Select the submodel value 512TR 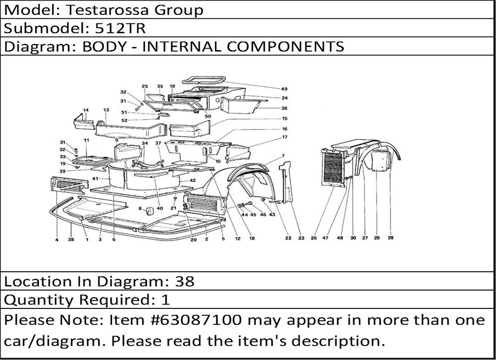coord(120,28)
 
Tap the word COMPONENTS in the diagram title coord(285,47)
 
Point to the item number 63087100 coord(201,320)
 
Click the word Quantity coord(38,300)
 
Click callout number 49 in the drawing coord(284,89)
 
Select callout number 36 coord(284,108)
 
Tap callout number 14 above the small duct coord(86,110)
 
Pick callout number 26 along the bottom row coord(313,238)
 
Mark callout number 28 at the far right coord(391,238)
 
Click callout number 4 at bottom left coord(57,240)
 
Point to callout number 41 coord(95,179)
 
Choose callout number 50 coord(207,116)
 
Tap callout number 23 coord(301,238)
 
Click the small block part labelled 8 coord(149,210)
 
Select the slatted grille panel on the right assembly coord(333,168)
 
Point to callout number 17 coord(284,137)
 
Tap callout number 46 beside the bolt coord(263,215)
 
